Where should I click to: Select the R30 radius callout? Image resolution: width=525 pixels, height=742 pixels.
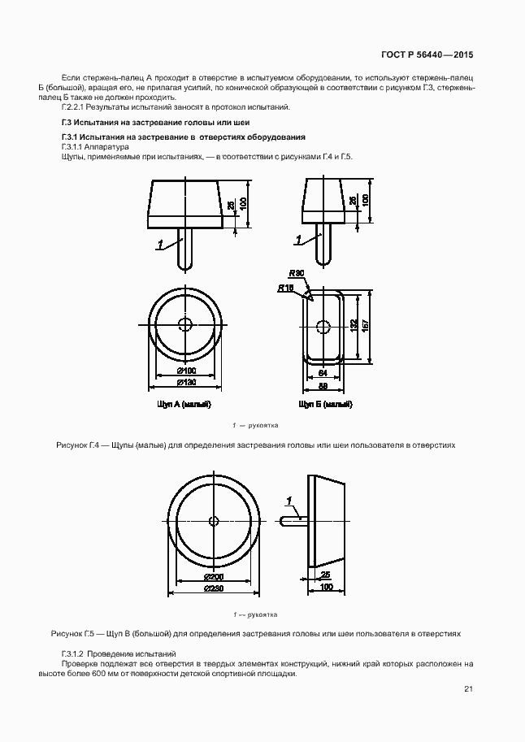coord(296,275)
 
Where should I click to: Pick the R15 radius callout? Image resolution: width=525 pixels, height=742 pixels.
coord(285,288)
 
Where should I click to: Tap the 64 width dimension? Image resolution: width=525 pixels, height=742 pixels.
coord(323,372)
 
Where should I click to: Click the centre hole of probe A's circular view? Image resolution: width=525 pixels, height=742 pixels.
coord(184,324)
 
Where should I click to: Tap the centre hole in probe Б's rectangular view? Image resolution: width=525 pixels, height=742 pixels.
coord(323,327)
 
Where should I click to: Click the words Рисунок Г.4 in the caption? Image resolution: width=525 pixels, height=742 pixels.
coord(77,446)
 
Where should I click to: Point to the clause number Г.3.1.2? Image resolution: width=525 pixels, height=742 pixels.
coord(74,653)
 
